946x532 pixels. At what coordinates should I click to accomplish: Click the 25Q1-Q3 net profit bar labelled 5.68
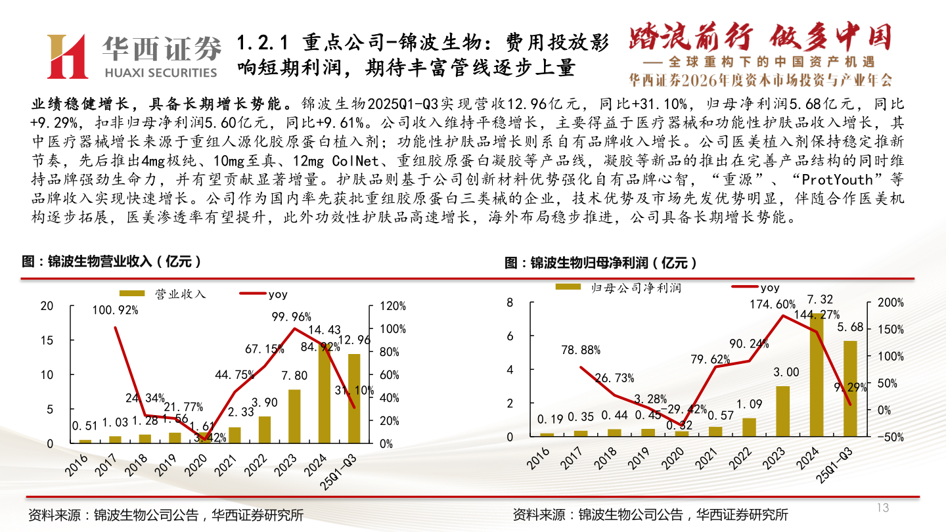[850, 388]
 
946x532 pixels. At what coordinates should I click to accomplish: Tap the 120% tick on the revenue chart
[394, 306]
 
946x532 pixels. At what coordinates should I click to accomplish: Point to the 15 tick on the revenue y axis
[47, 340]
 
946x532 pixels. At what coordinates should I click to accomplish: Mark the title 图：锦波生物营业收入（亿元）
[111, 261]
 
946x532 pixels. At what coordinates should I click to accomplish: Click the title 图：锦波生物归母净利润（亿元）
[600, 263]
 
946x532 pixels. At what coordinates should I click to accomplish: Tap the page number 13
[882, 508]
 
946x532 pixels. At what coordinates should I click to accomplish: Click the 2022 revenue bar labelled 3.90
[265, 430]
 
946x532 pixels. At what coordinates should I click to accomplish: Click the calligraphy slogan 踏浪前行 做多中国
[760, 37]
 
